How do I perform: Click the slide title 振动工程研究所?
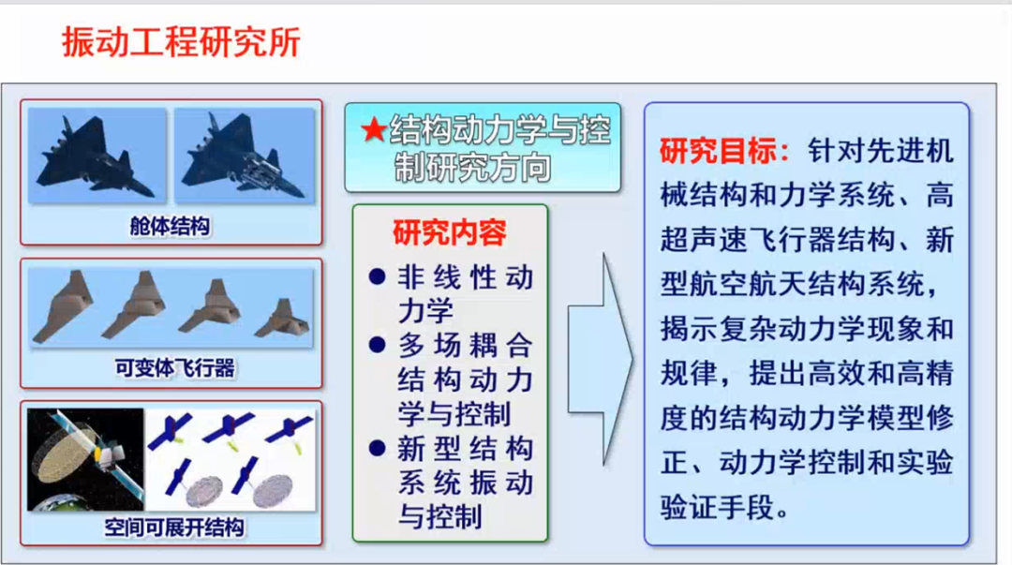click(x=182, y=42)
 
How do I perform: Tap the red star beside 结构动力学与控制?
click(x=374, y=130)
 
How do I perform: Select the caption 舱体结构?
click(x=170, y=226)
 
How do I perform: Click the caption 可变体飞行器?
click(x=174, y=368)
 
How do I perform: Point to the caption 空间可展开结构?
click(x=173, y=528)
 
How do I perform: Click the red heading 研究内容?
click(x=449, y=232)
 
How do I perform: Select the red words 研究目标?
click(x=718, y=151)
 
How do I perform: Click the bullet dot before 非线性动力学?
click(x=378, y=277)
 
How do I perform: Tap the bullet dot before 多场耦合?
click(x=378, y=345)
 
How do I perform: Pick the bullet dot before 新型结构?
click(x=378, y=448)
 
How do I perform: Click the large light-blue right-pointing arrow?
click(x=601, y=359)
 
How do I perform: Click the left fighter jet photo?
click(x=97, y=155)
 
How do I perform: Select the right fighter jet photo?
click(x=245, y=155)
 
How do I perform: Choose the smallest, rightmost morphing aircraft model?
click(x=283, y=319)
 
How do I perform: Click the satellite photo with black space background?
click(x=85, y=459)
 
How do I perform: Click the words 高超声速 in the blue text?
click(x=704, y=240)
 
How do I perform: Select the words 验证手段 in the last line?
click(x=718, y=508)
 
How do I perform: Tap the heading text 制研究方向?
click(x=472, y=167)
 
